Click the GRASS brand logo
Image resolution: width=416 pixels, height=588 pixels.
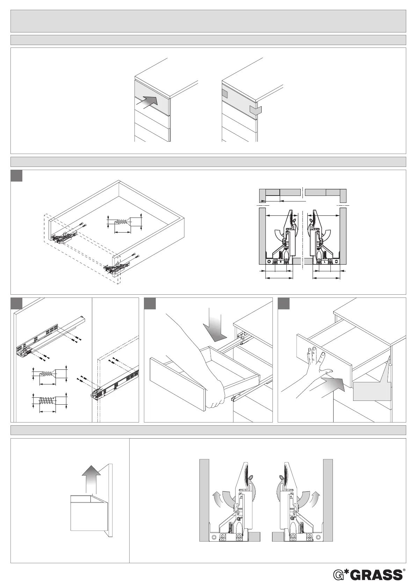367,575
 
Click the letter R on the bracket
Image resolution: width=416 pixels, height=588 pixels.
280,261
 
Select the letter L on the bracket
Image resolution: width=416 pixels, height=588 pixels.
324,261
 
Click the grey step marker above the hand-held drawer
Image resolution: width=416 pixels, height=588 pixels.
150,303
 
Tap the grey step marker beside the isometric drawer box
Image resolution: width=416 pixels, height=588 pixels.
16,176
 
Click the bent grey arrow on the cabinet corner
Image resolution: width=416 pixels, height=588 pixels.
255,110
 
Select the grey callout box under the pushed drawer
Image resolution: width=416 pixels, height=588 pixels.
372,391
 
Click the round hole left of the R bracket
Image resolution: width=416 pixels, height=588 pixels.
269,262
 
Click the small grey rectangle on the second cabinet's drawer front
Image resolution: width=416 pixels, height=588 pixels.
225,94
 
